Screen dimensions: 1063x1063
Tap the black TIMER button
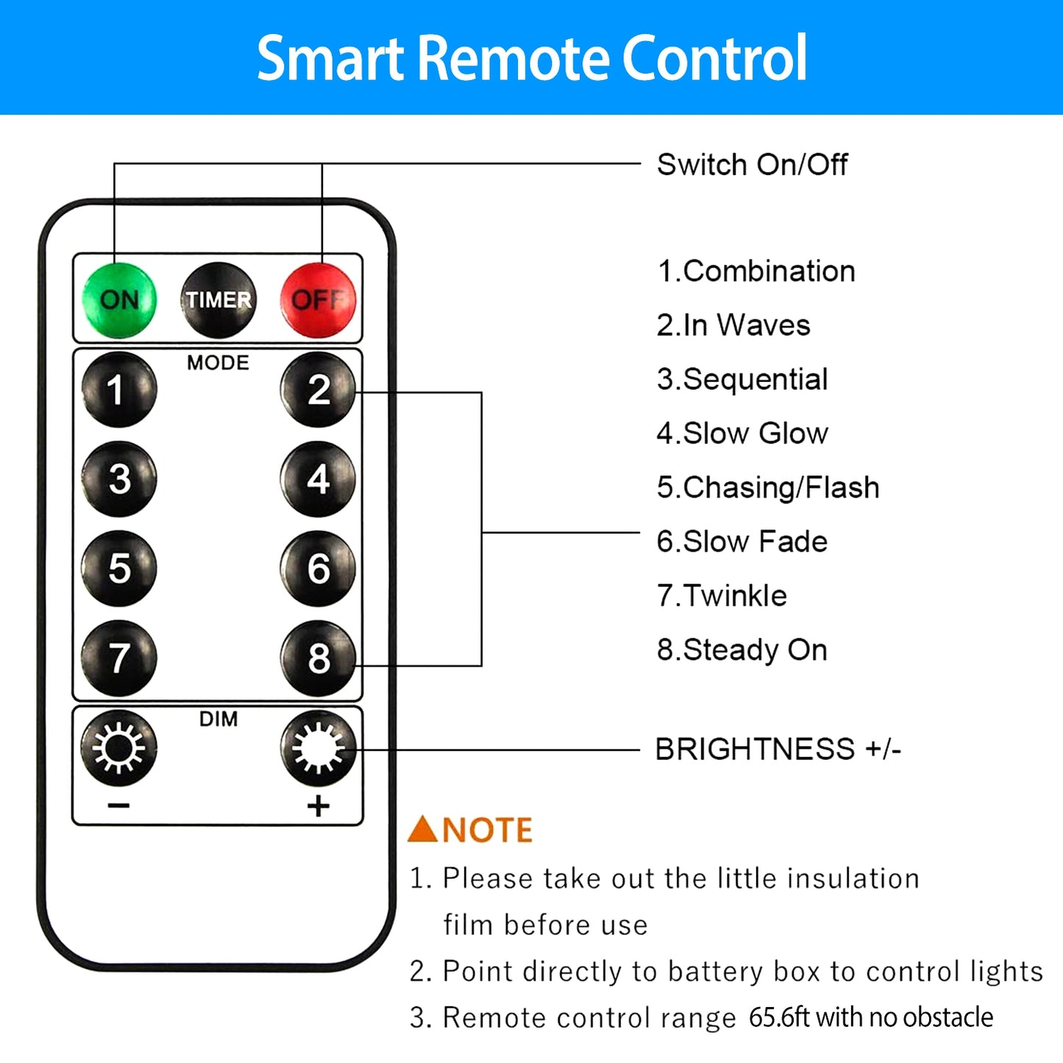tap(218, 299)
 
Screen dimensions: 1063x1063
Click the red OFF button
tap(318, 299)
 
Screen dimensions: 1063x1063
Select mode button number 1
tap(119, 389)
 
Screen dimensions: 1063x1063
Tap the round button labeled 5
tap(119, 568)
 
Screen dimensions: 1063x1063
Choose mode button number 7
tap(119, 658)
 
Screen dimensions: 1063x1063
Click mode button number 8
tap(318, 658)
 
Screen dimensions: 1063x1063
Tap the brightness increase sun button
tap(318, 748)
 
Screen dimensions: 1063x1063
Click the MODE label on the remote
tap(218, 363)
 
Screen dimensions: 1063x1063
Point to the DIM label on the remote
tap(218, 719)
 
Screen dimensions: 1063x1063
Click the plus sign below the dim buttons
tap(318, 806)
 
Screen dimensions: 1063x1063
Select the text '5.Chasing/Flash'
tap(767, 488)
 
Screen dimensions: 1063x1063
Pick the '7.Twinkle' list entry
tap(722, 596)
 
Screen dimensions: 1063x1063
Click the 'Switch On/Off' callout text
tap(752, 165)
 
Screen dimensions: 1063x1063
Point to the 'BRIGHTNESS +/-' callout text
tap(778, 750)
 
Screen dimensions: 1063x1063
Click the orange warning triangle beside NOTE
tap(423, 829)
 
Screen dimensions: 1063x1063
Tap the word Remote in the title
tap(515, 58)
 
